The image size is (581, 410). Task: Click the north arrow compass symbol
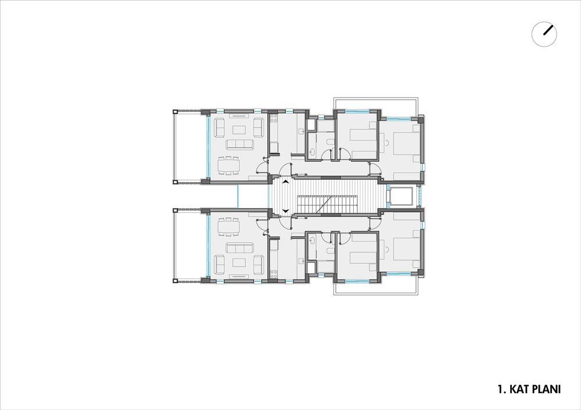[x=544, y=34]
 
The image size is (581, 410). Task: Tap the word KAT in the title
[x=518, y=389]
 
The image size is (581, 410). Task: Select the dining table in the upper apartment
[x=228, y=166]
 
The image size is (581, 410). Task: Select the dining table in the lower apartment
[x=228, y=227]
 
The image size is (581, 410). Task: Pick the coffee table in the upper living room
[x=239, y=130]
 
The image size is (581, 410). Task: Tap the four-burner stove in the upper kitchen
[x=274, y=118]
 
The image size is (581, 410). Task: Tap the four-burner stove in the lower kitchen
[x=274, y=274]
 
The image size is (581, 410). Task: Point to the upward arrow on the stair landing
[x=285, y=182]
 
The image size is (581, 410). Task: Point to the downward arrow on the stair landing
[x=285, y=211]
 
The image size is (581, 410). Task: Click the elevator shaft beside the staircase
[x=401, y=197]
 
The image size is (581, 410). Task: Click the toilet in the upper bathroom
[x=329, y=142]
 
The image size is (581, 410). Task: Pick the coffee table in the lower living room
[x=239, y=263]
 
